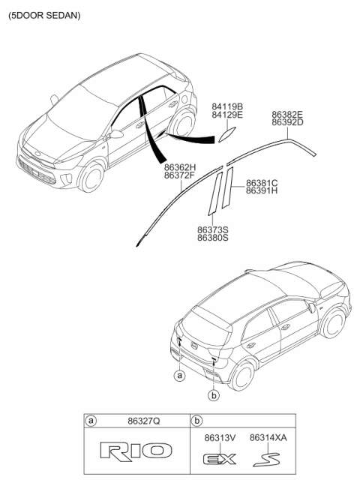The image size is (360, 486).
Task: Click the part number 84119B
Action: [227, 106]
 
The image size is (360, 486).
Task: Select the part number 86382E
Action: [287, 114]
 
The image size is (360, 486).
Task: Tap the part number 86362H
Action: [180, 168]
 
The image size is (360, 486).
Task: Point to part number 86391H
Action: [262, 190]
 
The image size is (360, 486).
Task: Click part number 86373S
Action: [213, 230]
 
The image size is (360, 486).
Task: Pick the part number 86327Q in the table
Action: [144, 421]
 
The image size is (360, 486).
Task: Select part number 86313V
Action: [220, 438]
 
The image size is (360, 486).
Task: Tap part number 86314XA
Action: [268, 438]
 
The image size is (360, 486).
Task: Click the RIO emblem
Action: [136, 451]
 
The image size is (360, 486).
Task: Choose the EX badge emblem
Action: [220, 459]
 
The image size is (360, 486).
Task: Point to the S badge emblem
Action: [266, 459]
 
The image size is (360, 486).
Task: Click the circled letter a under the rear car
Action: [179, 376]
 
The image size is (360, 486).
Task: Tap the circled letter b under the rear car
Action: [214, 395]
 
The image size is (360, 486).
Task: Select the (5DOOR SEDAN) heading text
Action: [44, 16]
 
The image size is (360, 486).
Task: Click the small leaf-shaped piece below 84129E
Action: [227, 135]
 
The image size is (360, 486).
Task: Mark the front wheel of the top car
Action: [91, 176]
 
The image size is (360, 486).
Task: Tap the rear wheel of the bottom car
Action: [242, 376]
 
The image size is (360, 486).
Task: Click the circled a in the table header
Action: [91, 421]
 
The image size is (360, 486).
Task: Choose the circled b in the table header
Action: [196, 421]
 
